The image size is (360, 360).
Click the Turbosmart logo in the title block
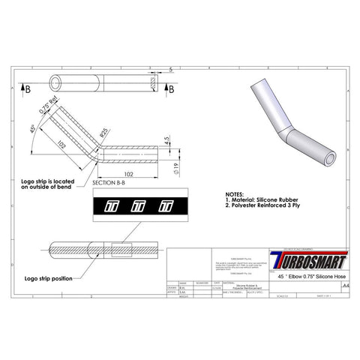pos(309,264)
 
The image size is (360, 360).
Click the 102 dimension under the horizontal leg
pos(129,174)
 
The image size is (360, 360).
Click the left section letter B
pos(28,88)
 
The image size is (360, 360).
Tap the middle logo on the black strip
pos(138,205)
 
